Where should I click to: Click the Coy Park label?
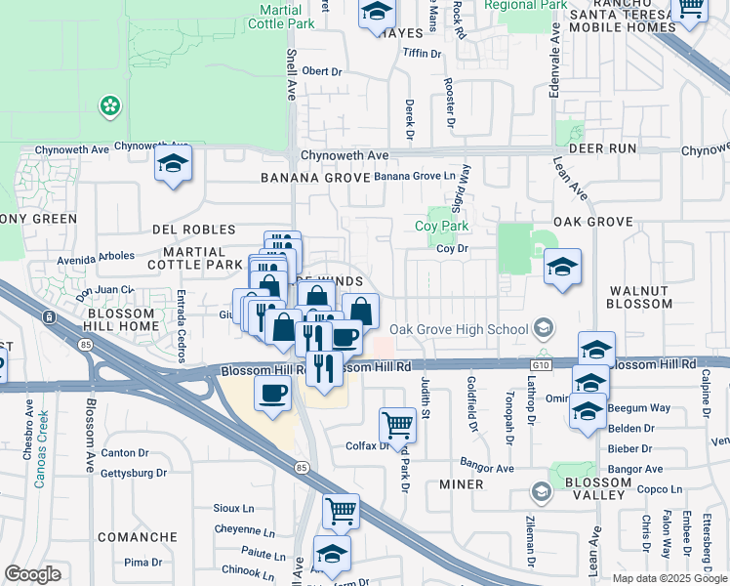click(x=441, y=226)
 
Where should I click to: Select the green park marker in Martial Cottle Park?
click(x=110, y=105)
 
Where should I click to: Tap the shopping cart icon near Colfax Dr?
click(x=397, y=425)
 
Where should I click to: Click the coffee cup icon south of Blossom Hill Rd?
click(x=272, y=393)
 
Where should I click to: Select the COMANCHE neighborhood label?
click(x=138, y=537)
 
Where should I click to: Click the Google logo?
click(x=32, y=575)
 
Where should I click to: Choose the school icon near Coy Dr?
click(x=562, y=267)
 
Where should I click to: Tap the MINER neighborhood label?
click(x=462, y=484)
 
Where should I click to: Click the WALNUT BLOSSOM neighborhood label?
click(x=640, y=297)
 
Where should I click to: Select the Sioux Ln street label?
click(x=233, y=509)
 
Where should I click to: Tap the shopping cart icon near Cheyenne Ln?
click(x=341, y=510)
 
